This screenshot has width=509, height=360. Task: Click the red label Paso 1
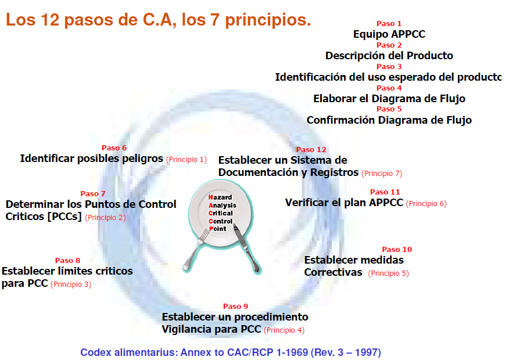[x=389, y=24]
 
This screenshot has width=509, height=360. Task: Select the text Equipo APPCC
[x=389, y=34]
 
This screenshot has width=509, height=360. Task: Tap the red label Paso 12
[x=311, y=149]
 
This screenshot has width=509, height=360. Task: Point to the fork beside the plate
[x=196, y=249]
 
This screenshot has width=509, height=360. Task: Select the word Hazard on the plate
[x=220, y=197]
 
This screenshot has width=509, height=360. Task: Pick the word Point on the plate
[x=217, y=229]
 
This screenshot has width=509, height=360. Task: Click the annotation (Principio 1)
[x=187, y=160]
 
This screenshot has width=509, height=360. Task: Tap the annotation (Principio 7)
[x=382, y=174]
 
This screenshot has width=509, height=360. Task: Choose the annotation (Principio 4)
[x=284, y=330]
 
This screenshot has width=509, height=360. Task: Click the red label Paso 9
[x=236, y=306]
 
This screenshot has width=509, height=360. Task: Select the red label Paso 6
[x=114, y=148]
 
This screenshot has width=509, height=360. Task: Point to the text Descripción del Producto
[x=389, y=56]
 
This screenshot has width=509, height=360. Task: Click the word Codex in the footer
[x=96, y=352]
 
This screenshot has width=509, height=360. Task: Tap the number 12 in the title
[x=50, y=20]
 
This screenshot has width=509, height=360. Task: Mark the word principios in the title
[x=268, y=20]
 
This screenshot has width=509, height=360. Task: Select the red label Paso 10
[x=397, y=250]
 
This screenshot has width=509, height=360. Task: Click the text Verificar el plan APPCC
[x=344, y=203]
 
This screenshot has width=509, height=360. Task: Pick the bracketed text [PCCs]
[x=64, y=217]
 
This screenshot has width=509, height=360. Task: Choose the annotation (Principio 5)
[x=389, y=273]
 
